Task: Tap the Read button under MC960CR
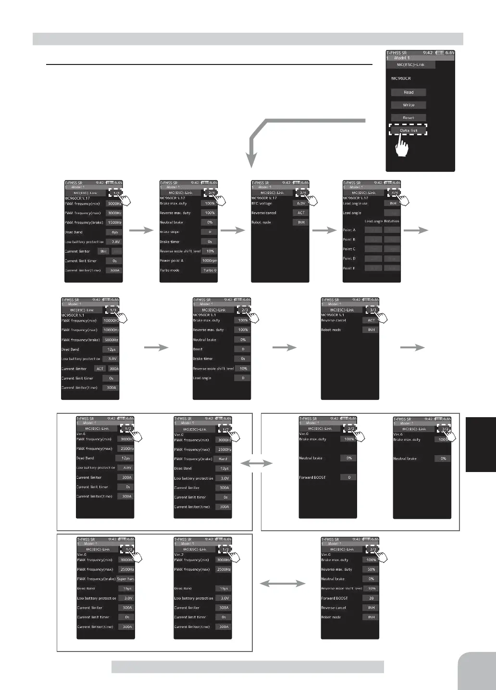408,92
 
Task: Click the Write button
408,105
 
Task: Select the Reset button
408,117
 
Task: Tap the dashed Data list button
408,130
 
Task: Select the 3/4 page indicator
301,192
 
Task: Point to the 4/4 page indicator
393,192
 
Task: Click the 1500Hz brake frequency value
114,223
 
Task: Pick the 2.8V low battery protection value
114,242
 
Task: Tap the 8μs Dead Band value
114,232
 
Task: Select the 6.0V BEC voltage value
301,204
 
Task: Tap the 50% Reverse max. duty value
371,570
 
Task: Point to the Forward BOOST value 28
371,598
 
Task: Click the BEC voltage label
261,204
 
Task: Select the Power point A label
172,261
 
